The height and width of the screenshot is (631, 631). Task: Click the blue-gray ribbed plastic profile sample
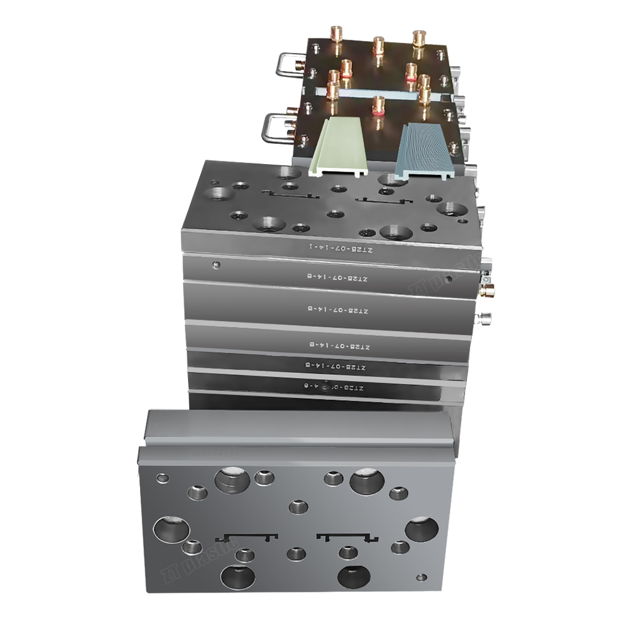(421, 150)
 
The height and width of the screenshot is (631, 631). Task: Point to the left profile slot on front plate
(246, 537)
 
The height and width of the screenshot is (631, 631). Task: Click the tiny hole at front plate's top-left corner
(162, 478)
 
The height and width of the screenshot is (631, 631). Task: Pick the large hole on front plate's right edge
(421, 529)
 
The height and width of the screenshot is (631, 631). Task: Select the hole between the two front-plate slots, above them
(297, 506)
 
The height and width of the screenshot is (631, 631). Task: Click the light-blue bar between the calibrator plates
(379, 93)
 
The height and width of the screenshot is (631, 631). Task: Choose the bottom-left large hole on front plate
(238, 576)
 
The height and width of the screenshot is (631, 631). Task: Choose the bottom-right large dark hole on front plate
(354, 575)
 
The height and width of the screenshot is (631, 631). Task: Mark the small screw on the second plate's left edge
(216, 265)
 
